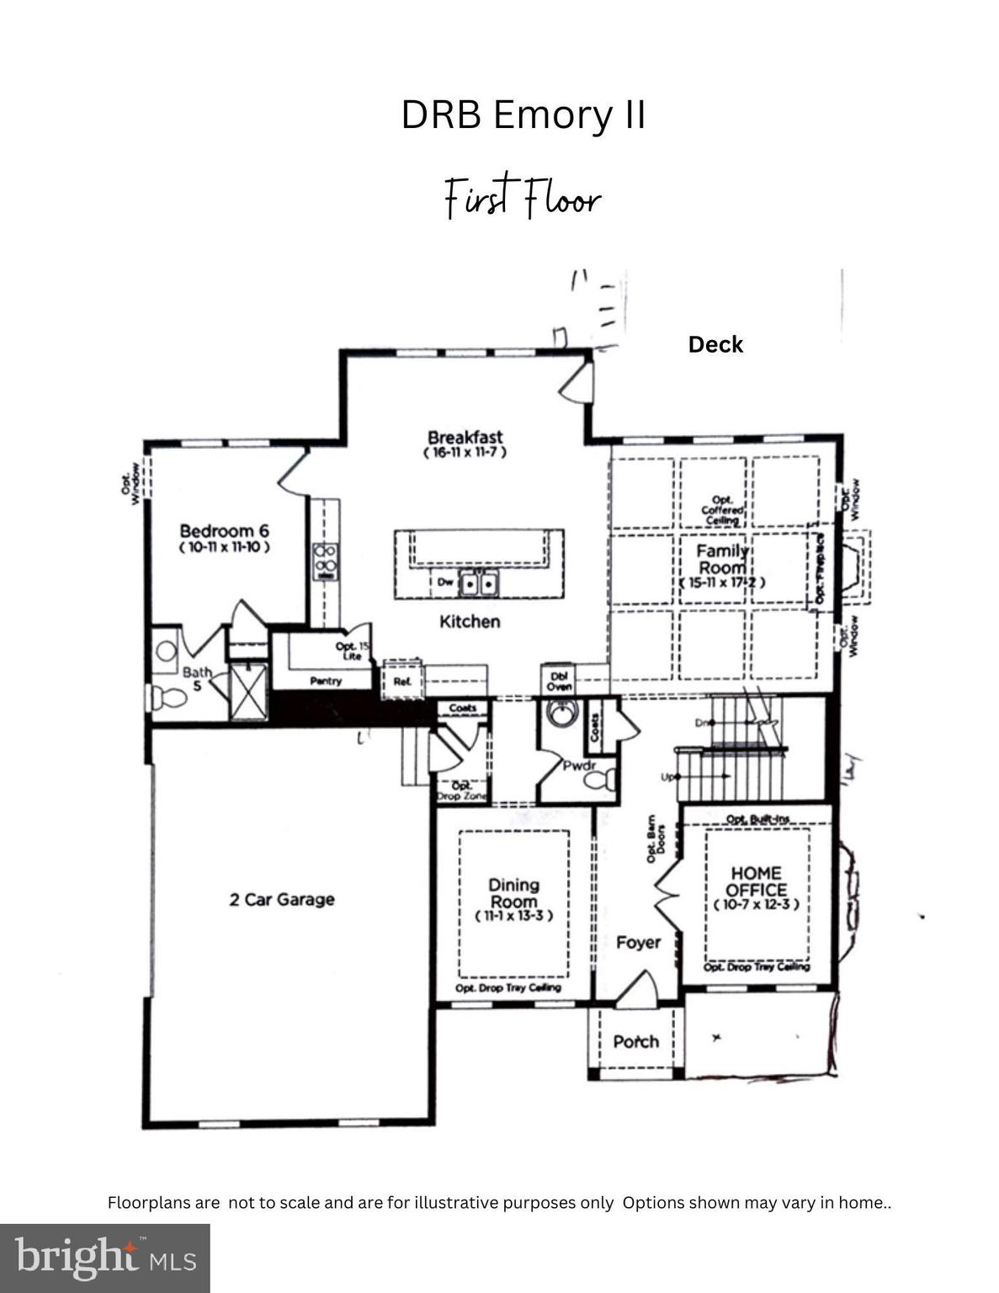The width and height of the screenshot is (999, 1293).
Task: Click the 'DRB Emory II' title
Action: point(523,115)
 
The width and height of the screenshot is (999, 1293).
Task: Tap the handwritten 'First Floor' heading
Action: point(523,199)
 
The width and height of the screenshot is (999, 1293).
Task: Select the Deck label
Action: point(715,344)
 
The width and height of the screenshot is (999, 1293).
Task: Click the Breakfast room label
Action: point(465,438)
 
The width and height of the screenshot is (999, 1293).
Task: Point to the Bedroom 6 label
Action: point(224,531)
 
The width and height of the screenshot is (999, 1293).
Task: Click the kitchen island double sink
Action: point(478,583)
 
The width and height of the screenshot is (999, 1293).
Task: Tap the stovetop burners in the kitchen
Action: point(326,561)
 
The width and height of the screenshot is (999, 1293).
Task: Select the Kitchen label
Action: point(470,622)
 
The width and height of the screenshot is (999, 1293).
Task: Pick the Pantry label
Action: point(325,681)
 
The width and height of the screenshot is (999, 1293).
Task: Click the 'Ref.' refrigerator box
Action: point(402,680)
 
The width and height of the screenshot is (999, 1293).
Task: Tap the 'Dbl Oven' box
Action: point(559,680)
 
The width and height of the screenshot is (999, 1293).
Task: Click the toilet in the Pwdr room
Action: point(598,780)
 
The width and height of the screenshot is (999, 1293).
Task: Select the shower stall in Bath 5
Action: point(247,692)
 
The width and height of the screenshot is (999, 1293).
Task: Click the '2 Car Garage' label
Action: point(282,899)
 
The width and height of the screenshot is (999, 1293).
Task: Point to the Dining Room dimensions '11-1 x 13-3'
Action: point(513,916)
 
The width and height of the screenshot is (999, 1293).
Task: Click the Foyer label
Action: point(638,942)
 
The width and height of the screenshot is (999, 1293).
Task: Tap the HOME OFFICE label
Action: point(756,881)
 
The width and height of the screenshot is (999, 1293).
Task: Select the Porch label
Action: point(635,1042)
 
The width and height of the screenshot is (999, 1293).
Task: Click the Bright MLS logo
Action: point(104,1258)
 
